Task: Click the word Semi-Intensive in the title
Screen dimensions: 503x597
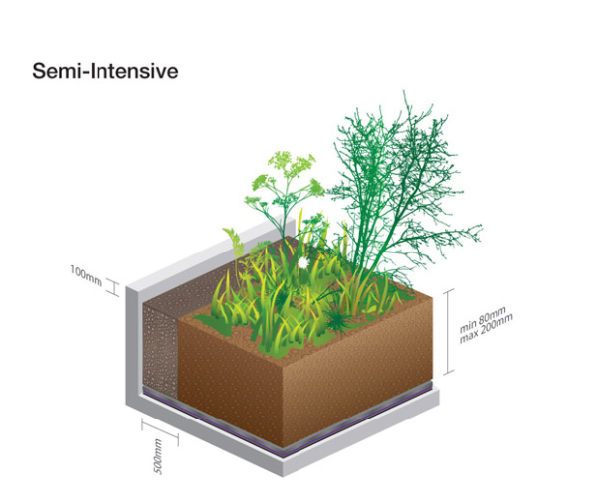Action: pyautogui.click(x=105, y=72)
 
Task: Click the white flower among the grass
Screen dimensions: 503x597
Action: pyautogui.click(x=302, y=262)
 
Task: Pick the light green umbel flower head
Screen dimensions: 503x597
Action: pyautogui.click(x=288, y=164)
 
